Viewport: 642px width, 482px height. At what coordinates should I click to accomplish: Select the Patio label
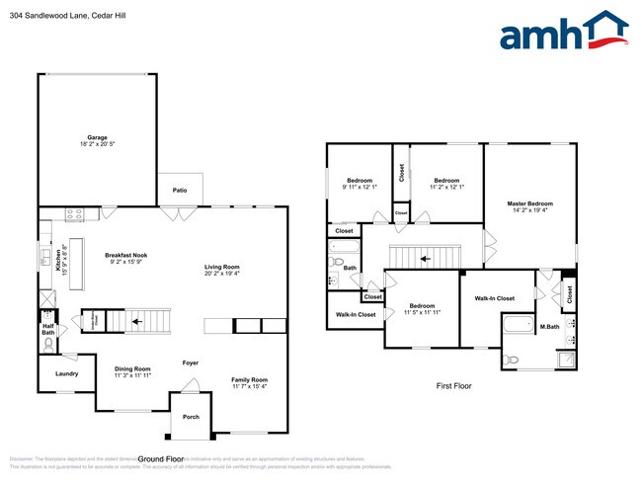click(180, 189)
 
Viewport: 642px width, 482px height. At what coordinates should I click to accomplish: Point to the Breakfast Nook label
click(125, 256)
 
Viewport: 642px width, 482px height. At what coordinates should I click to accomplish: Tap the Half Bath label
click(47, 329)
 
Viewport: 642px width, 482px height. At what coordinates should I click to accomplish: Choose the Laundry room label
click(66, 373)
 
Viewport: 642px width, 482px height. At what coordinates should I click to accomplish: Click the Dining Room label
click(131, 369)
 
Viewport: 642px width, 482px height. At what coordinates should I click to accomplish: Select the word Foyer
click(191, 362)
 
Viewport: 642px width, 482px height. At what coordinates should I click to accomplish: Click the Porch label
click(191, 417)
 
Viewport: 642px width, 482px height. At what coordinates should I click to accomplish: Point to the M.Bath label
click(549, 327)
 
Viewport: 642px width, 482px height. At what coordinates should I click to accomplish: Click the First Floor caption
click(453, 386)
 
